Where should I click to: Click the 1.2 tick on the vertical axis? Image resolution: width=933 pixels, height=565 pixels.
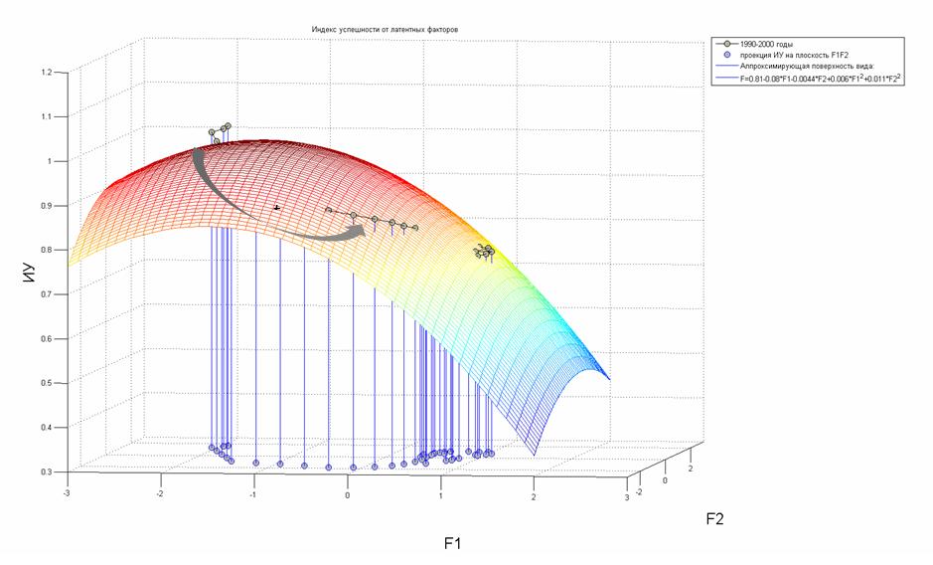tap(46, 73)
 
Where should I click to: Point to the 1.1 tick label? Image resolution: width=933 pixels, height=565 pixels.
tap(46, 116)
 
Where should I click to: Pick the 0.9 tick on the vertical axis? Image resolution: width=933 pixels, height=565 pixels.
tap(46, 206)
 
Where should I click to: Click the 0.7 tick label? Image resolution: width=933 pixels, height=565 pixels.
tap(46, 294)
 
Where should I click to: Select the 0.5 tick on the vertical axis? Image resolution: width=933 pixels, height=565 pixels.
tap(46, 383)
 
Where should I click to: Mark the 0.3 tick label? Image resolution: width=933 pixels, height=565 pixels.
tap(46, 471)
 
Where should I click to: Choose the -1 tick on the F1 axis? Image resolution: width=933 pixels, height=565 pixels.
tap(253, 493)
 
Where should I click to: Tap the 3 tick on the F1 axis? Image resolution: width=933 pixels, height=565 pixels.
tap(627, 494)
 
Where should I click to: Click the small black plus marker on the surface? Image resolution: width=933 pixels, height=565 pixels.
tap(276, 208)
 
